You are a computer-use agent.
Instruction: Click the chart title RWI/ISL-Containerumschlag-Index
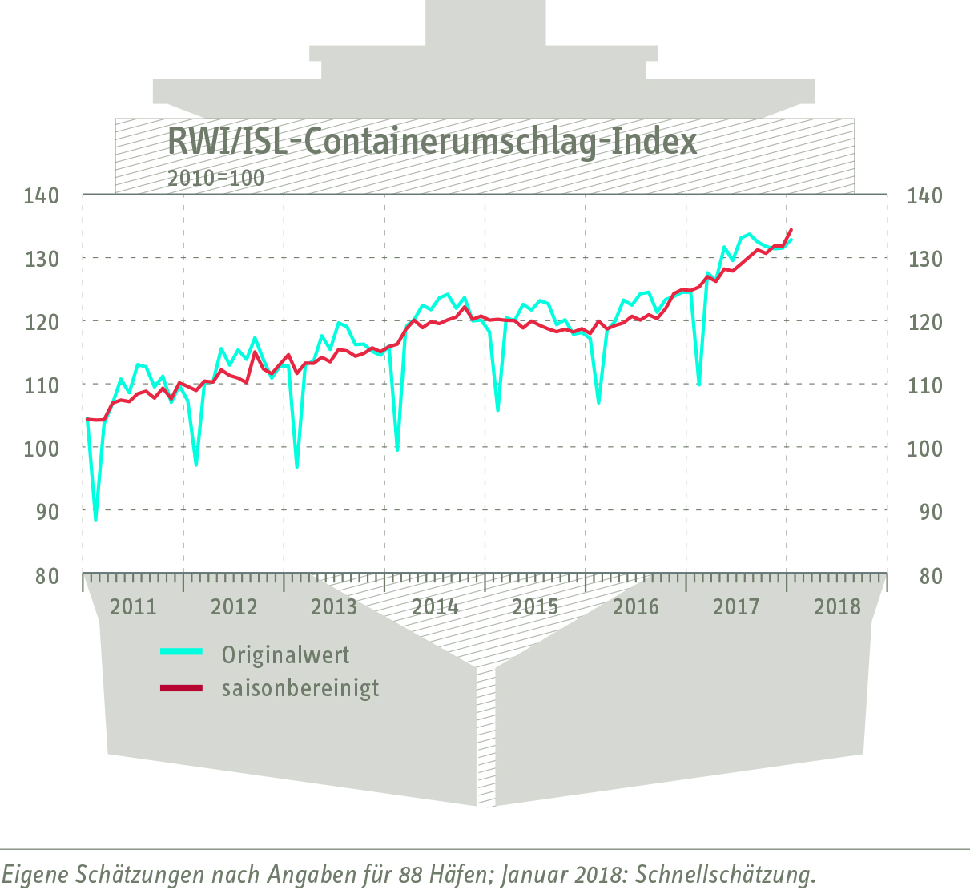coord(432,143)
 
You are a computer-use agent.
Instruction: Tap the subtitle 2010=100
coord(215,178)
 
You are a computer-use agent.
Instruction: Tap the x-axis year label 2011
coord(133,606)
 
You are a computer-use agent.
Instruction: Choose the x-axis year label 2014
coord(435,606)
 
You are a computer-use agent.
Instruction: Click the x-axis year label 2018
coord(837,606)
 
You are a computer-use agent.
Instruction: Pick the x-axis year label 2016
coord(636,606)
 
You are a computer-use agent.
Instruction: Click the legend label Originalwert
coord(286,655)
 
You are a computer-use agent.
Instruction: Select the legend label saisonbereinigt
coord(300,688)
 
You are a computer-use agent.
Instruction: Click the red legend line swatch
coord(182,688)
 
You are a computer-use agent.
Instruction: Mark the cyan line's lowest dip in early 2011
coord(95,520)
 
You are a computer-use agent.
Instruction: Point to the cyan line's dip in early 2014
coord(397,450)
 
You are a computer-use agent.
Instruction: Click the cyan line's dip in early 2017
coord(698,385)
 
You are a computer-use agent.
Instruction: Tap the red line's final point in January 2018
coord(791,230)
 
